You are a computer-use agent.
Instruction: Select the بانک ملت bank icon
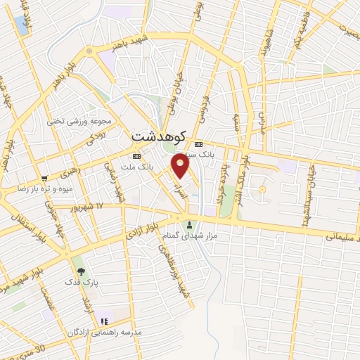pyautogui.click(x=136, y=156)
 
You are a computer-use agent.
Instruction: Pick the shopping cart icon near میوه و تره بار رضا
pyautogui.click(x=44, y=179)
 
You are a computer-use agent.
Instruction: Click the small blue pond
pyautogui.click(x=262, y=190)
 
